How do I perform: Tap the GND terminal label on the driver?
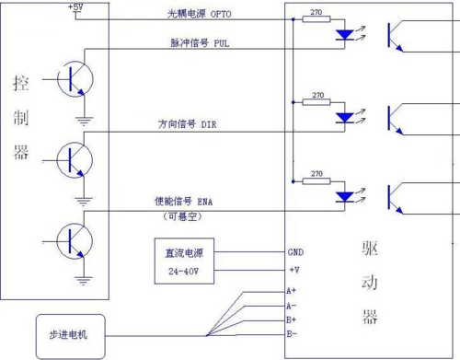click(x=295, y=250)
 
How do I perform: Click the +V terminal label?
click(x=293, y=270)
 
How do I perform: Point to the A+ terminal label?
click(x=292, y=291)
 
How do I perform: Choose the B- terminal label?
click(x=292, y=332)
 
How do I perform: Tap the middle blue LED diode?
click(x=345, y=117)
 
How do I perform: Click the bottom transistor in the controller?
click(x=72, y=240)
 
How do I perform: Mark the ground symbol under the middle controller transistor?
click(x=84, y=200)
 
